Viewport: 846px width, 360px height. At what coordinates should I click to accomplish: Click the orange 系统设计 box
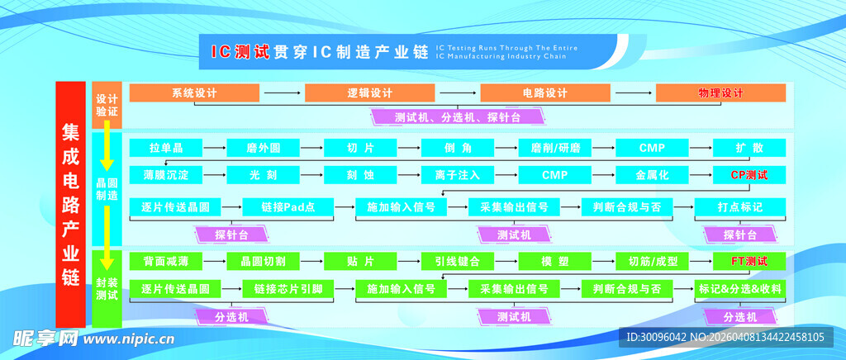194,93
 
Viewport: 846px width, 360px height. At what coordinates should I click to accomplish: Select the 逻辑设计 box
369,93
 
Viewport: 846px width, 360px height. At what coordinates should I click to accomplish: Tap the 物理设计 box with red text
720,93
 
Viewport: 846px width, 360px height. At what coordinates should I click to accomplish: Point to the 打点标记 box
740,206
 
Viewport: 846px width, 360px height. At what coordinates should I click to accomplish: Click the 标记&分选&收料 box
740,289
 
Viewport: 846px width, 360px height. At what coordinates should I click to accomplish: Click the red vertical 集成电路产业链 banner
71,205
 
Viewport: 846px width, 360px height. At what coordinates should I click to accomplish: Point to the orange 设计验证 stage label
107,104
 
